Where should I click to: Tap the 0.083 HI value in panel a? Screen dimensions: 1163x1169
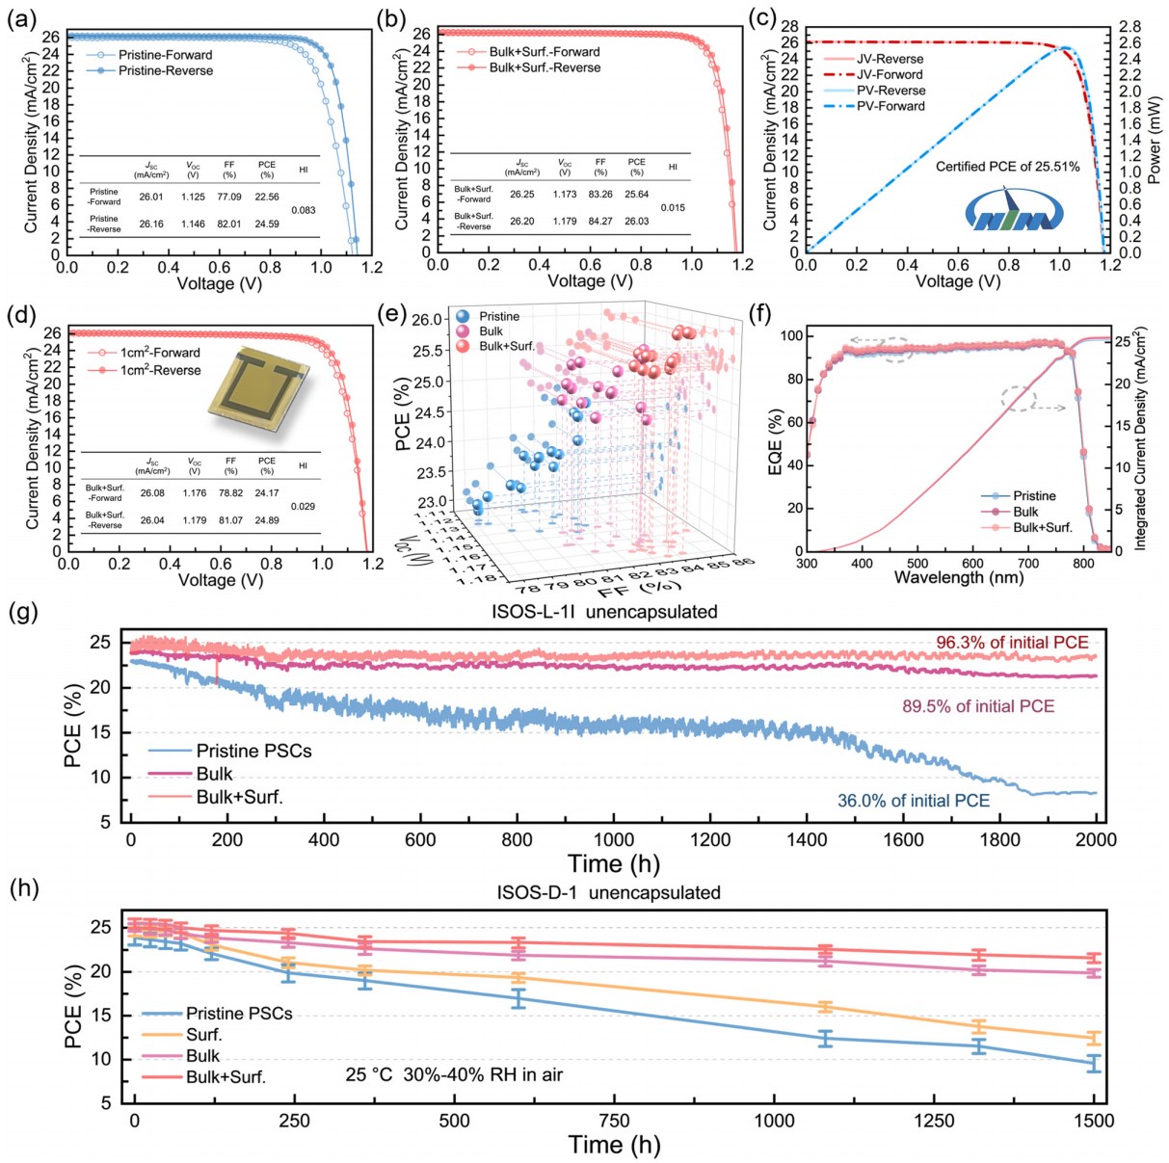[304, 210]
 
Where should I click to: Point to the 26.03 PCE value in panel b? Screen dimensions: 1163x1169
[636, 222]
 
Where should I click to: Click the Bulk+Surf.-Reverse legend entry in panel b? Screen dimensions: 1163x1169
[544, 67]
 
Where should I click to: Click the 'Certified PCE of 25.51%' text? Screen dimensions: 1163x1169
[1007, 167]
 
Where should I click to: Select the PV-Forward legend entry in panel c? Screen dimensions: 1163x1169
[890, 106]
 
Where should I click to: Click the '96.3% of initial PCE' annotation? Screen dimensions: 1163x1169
[1012, 643]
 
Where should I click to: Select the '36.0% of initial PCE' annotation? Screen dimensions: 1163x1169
[913, 801]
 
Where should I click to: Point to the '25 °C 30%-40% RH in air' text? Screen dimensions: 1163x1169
[454, 1074]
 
